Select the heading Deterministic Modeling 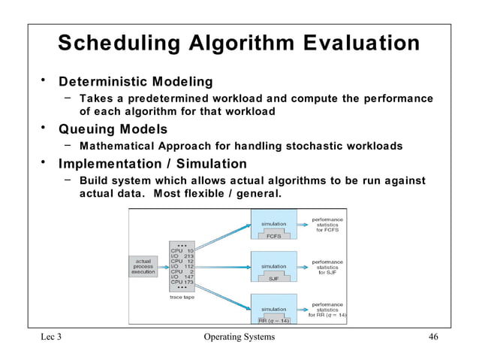click(x=136, y=81)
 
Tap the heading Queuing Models click(x=113, y=129)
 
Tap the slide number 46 click(x=432, y=337)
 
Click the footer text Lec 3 click(x=51, y=337)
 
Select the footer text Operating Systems click(x=239, y=337)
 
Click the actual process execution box click(x=143, y=267)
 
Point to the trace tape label click(x=183, y=297)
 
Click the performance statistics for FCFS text click(x=327, y=224)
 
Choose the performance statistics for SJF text click(x=327, y=267)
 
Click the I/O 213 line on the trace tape click(x=182, y=256)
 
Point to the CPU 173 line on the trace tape click(x=182, y=282)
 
